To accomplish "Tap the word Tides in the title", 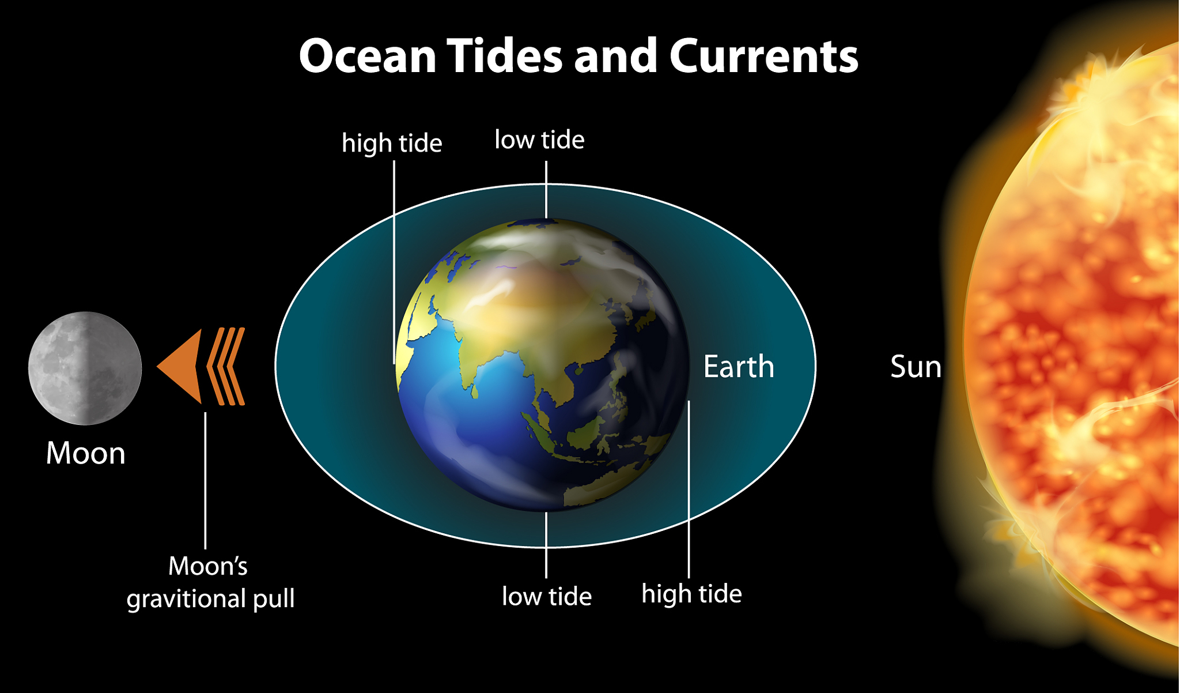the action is tap(505, 56).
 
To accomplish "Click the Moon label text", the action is tap(86, 453).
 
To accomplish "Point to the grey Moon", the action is tap(85, 368).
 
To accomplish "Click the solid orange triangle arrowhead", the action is tap(179, 366).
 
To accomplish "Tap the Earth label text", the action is tap(739, 367).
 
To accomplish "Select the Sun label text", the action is tap(916, 367).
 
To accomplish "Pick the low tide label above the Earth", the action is tap(539, 140).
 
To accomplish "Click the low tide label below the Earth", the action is tap(547, 596).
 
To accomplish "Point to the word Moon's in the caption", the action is tap(208, 566).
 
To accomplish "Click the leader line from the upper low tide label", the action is tap(546, 190).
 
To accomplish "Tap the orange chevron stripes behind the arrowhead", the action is tap(226, 367).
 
